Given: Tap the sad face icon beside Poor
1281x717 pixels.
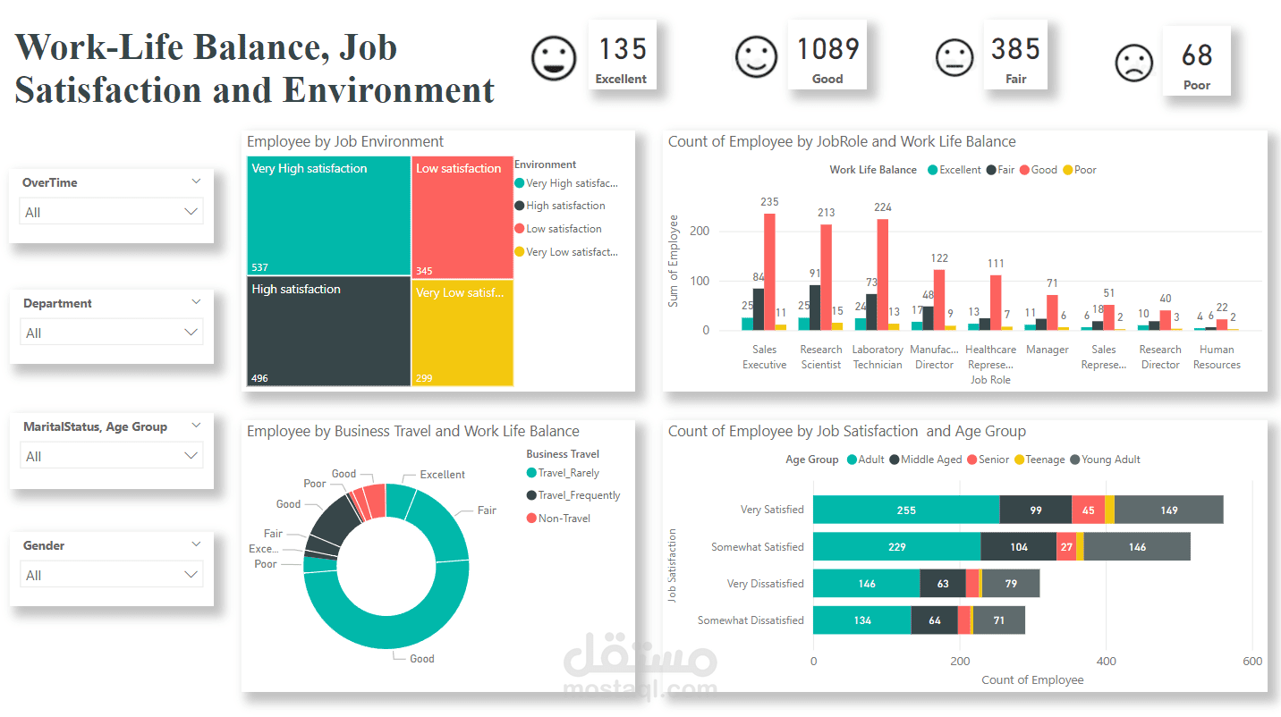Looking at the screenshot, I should tap(1133, 63).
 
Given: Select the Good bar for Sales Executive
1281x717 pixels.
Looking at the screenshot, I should tap(769, 272).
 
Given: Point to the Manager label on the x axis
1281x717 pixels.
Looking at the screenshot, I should tap(1048, 350).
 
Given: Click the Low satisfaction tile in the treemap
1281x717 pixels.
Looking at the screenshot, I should tap(462, 217).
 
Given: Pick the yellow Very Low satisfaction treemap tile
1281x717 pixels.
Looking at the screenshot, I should tap(462, 333).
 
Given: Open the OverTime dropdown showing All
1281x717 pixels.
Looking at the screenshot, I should tap(111, 212).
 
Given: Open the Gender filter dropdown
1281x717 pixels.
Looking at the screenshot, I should tap(111, 575).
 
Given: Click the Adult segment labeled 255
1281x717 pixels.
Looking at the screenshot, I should tap(906, 510).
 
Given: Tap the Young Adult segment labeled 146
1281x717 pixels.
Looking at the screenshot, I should tap(1137, 547).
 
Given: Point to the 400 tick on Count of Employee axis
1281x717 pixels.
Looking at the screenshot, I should tap(1106, 662).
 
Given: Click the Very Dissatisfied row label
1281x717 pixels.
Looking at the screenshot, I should tap(765, 584).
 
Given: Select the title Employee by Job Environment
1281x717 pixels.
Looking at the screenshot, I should tap(345, 141).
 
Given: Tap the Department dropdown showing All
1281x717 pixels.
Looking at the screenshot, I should tap(111, 333).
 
